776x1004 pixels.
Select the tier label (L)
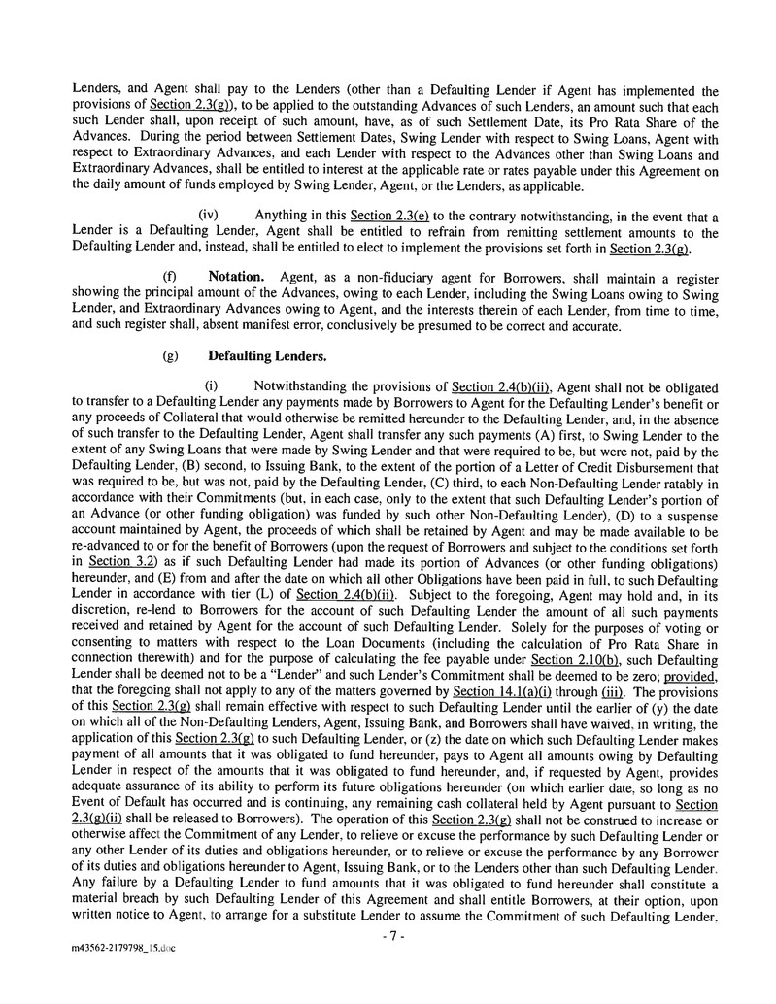tap(266, 594)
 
